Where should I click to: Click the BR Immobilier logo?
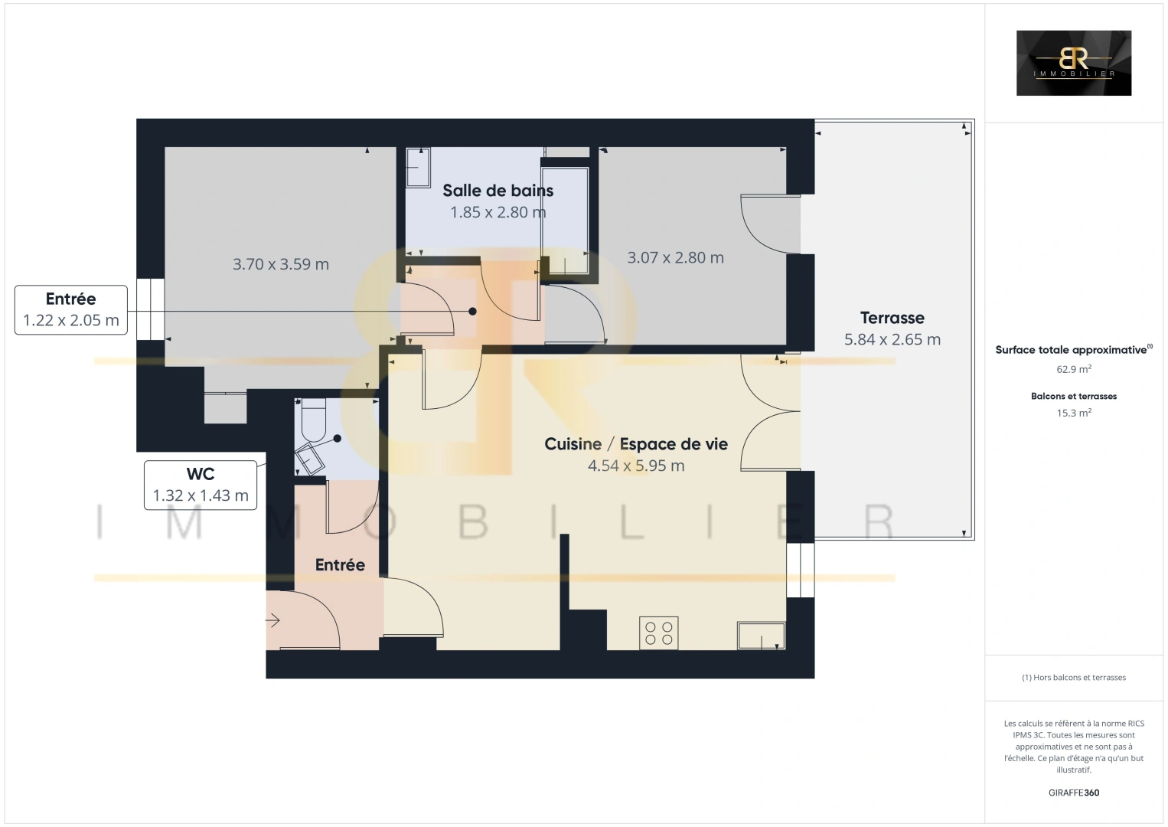click(x=1074, y=63)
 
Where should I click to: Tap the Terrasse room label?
click(x=892, y=318)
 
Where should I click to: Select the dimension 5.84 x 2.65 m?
click(x=892, y=339)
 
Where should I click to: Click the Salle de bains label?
click(x=498, y=191)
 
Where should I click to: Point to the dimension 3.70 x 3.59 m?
click(x=281, y=264)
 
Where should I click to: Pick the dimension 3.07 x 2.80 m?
click(x=675, y=257)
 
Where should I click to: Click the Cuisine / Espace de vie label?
click(x=636, y=444)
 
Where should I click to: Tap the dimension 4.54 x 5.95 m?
click(x=636, y=466)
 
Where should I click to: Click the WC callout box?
click(x=201, y=485)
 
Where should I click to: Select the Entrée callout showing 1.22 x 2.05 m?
click(x=71, y=310)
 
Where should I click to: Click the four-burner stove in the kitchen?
click(x=658, y=633)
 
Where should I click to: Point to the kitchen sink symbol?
click(x=762, y=636)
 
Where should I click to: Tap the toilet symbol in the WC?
click(x=313, y=420)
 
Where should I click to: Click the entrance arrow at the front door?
click(x=272, y=620)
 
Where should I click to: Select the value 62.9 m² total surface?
click(x=1074, y=369)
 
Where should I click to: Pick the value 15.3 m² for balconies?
click(x=1074, y=413)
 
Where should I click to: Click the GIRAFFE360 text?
click(x=1074, y=793)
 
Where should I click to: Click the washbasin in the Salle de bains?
click(x=418, y=168)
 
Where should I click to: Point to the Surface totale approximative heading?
click(x=1074, y=349)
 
